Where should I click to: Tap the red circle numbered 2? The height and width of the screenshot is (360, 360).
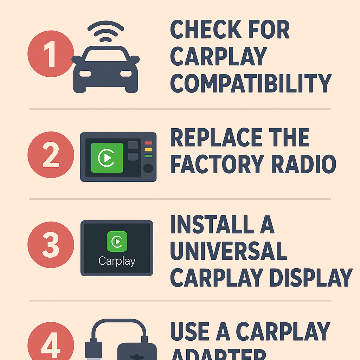[x=51, y=155]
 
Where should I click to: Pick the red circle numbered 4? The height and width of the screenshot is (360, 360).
[x=51, y=343]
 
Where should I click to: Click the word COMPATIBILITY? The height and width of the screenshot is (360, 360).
[x=251, y=83]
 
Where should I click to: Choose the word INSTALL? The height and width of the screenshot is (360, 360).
[x=211, y=225]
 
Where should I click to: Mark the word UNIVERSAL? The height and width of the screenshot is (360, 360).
[x=229, y=251]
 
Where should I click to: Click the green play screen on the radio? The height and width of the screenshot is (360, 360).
[x=107, y=157]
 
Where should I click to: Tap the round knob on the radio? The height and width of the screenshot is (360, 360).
[x=148, y=168]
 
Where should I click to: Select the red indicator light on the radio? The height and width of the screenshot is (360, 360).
[x=148, y=143]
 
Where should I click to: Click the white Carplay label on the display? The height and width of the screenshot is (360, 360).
[x=117, y=261]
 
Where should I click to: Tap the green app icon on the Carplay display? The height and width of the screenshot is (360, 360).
[x=117, y=241]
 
